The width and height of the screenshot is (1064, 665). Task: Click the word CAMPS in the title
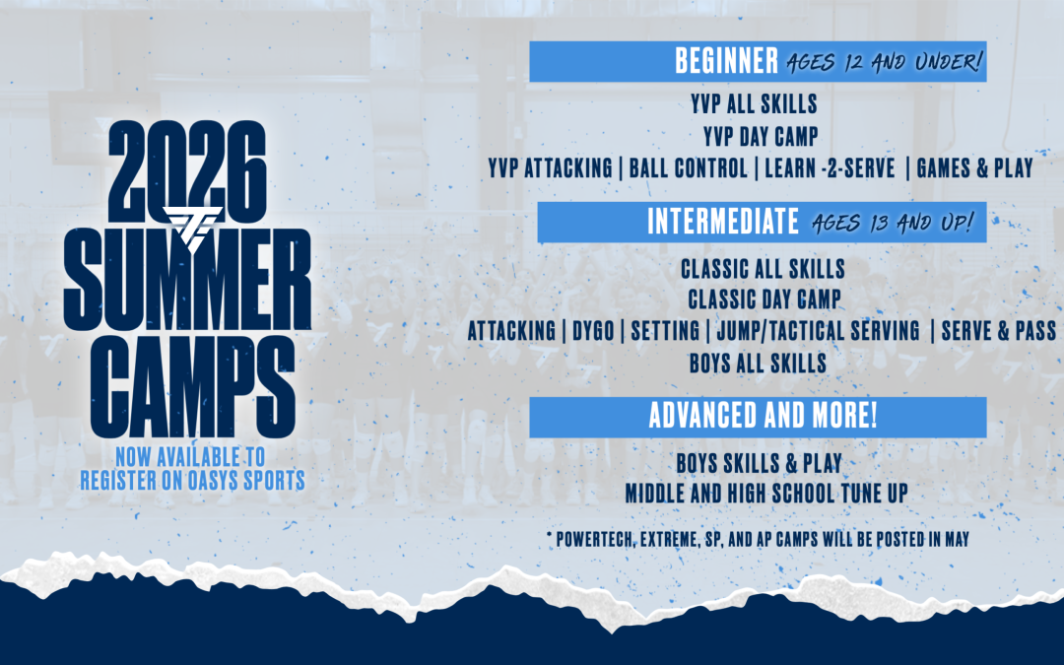pos(193,386)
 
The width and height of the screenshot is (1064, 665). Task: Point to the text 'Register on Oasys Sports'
pos(193,481)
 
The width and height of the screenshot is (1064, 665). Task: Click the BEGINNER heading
pos(726,61)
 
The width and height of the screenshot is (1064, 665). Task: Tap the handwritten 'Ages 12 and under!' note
pos(884,62)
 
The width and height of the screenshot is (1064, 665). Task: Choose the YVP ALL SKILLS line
pos(754,103)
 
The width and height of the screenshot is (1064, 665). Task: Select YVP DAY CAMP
pos(760,136)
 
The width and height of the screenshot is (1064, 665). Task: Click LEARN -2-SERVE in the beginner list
pos(830,168)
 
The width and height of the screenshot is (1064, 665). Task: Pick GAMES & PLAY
pos(974,168)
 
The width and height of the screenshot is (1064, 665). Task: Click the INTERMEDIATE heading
pos(723,222)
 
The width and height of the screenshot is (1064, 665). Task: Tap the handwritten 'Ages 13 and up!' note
pos(893,223)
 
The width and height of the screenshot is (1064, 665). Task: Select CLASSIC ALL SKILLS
pos(763,269)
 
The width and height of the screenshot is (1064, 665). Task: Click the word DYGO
pos(593,331)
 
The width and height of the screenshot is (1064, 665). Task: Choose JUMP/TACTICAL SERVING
pos(819,331)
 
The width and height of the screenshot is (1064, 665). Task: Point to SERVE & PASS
pos(999,331)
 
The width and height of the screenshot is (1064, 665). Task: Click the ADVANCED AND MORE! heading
pos(763,416)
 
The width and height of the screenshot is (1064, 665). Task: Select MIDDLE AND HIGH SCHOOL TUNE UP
pos(766,494)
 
